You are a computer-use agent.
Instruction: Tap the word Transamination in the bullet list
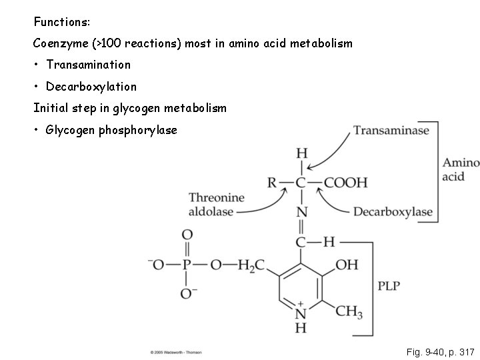click(88, 65)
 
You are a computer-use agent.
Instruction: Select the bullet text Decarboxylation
click(91, 86)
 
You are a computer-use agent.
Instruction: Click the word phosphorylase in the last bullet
click(137, 129)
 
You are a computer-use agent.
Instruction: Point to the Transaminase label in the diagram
click(391, 131)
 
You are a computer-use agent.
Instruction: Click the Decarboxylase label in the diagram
click(393, 213)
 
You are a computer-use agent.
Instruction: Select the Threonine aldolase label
click(216, 204)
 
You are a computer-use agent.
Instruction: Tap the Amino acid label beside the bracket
click(460, 169)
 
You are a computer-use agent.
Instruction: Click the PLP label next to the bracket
click(390, 286)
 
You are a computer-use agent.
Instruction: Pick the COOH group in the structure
click(345, 182)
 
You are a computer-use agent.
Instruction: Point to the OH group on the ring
click(347, 265)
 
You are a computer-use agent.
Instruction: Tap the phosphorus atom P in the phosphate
click(187, 265)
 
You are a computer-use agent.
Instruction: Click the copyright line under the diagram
click(176, 351)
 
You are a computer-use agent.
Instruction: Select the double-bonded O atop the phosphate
click(187, 235)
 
